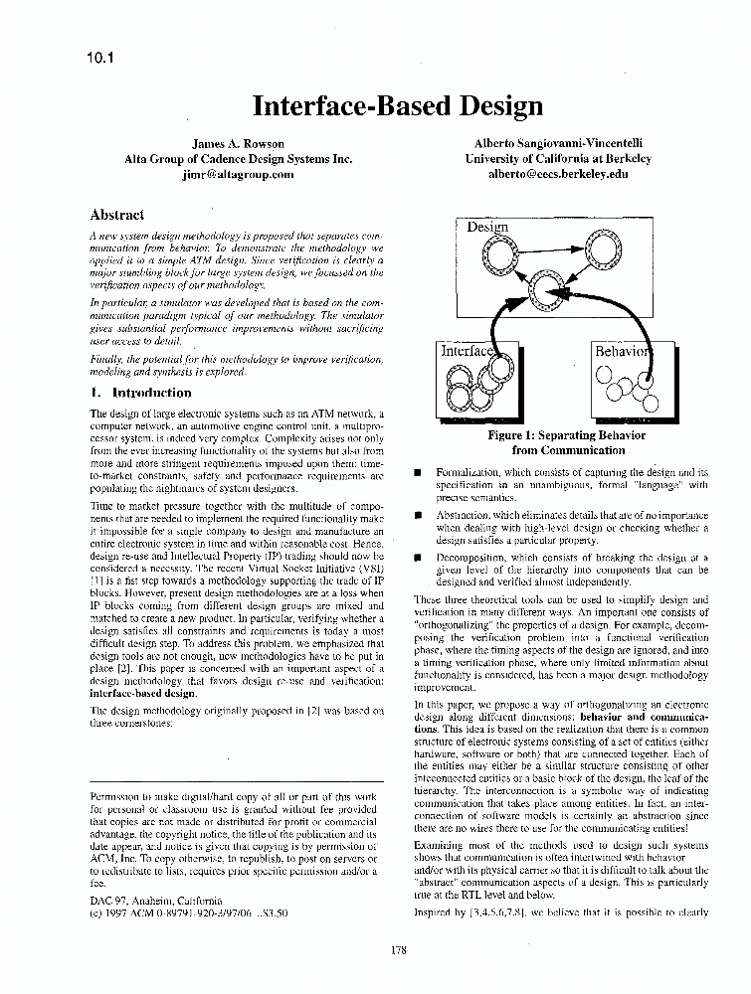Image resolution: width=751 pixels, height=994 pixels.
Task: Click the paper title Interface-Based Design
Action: point(397,106)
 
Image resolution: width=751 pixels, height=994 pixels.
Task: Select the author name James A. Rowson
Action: point(238,144)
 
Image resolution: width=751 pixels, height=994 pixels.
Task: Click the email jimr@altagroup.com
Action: point(238,173)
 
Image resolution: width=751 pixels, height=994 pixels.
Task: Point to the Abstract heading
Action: point(116,214)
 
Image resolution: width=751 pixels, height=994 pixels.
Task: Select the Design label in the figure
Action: point(487,227)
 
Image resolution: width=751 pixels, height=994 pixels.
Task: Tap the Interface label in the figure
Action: point(468,351)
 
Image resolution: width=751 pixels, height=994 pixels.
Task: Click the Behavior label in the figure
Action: point(622,351)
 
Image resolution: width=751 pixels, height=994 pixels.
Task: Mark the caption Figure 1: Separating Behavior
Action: point(567,435)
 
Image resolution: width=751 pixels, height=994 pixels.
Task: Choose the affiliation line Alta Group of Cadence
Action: point(238,158)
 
